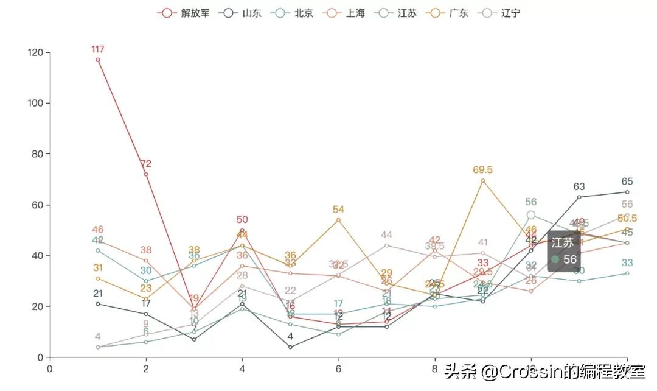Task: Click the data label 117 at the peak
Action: coord(98,49)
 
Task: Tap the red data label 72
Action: coord(146,164)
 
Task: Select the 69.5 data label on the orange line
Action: coord(483,170)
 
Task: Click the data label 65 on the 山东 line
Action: coord(627,181)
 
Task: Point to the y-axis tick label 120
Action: coord(36,53)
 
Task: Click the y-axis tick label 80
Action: coord(38,154)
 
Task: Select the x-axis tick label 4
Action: coord(242,368)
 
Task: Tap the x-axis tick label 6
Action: coord(338,368)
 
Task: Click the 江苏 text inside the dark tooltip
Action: coord(563,242)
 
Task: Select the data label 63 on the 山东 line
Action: coord(579,187)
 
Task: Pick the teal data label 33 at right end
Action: coord(627,263)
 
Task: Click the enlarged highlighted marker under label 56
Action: coord(531,215)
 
